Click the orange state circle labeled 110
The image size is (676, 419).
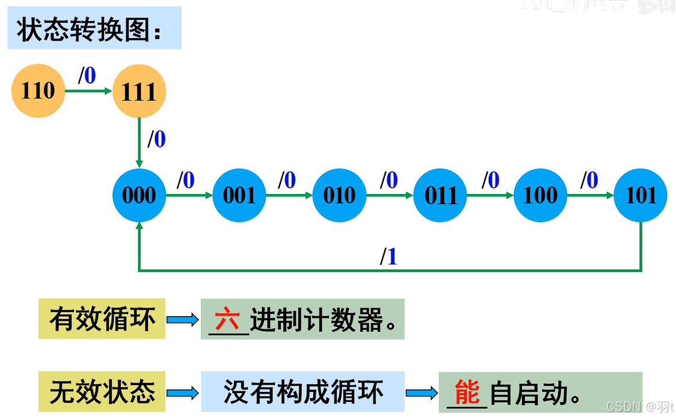coord(37,91)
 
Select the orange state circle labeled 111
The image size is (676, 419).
coord(139,92)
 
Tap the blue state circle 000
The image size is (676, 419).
coord(139,195)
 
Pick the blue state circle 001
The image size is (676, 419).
coord(239,195)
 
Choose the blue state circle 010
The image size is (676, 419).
coord(339,195)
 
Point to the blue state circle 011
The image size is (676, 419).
coord(440,195)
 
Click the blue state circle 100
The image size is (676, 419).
coord(540,195)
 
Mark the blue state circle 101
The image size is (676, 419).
coord(641,195)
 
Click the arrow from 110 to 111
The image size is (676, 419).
coord(88,92)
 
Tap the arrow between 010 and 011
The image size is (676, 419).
coord(390,195)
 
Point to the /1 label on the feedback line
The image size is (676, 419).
coord(389,257)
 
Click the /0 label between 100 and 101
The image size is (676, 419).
coord(589,180)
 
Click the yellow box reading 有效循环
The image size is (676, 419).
coord(102,319)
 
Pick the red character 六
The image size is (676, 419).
coord(227,320)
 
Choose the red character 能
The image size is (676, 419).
coord(467,393)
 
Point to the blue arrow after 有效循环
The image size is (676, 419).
coord(182,320)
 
